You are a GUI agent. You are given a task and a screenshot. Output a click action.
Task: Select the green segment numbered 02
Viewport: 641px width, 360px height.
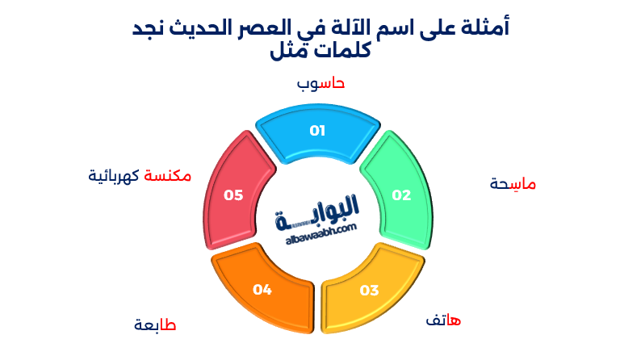tap(399, 192)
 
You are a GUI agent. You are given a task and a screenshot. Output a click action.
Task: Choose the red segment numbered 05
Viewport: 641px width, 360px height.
tap(234, 192)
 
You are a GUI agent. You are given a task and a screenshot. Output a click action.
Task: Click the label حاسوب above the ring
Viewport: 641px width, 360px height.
tap(320, 83)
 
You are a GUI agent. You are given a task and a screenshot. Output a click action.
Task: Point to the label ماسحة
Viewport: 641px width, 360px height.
tap(513, 184)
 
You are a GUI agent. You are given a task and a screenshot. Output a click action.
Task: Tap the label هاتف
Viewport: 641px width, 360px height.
tap(443, 321)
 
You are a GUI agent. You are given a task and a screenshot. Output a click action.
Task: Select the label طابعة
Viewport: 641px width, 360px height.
tap(155, 325)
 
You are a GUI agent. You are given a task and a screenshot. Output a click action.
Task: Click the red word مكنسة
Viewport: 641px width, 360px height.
tap(168, 175)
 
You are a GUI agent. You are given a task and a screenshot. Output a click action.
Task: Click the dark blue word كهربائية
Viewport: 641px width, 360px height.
tap(114, 175)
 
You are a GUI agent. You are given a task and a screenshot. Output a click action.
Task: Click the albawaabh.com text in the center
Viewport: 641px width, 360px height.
tap(320, 229)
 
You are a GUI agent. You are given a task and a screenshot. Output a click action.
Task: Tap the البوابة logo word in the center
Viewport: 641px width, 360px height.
tap(320, 211)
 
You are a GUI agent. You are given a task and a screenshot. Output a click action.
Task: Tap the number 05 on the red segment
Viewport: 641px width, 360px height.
tap(233, 195)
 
